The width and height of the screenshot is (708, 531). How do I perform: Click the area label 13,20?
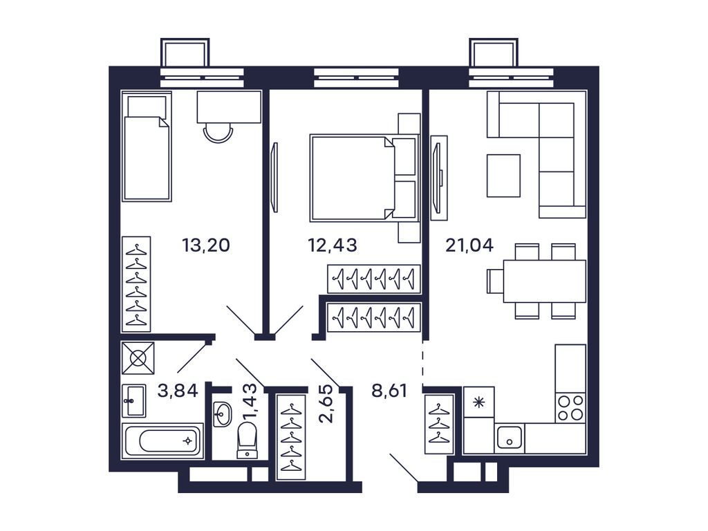click(205, 245)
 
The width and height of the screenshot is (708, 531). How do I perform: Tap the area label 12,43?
click(332, 245)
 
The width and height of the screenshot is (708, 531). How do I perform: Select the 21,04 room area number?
click(469, 245)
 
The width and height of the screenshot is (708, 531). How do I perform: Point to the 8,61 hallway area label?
click(389, 391)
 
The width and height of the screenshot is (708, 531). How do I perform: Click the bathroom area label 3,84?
click(178, 391)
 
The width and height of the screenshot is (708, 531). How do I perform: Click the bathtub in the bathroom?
click(162, 440)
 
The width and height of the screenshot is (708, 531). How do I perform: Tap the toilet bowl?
click(247, 439)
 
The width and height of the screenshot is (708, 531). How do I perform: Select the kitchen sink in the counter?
click(510, 438)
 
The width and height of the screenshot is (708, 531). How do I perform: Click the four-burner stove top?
click(570, 407)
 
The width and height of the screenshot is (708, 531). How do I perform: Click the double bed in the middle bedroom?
click(356, 178)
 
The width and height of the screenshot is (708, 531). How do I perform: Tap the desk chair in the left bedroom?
click(218, 132)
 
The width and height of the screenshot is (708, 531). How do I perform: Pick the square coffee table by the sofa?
click(503, 176)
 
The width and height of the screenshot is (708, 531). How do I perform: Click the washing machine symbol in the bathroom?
click(138, 358)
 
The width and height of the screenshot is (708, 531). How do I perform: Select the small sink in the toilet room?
click(222, 414)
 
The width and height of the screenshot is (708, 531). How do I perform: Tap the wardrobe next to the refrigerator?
click(438, 424)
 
